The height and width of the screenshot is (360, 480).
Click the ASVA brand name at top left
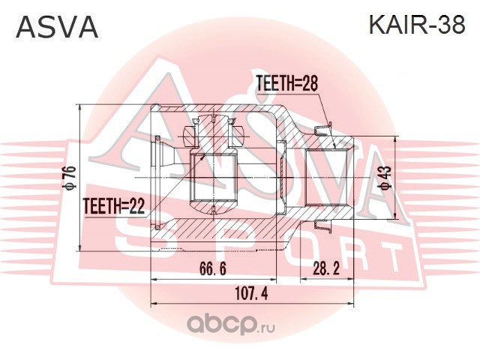point(57,27)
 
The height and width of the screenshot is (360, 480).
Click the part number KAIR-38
point(417,25)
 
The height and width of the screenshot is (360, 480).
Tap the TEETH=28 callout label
point(286,83)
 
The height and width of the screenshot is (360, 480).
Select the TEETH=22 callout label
point(114,206)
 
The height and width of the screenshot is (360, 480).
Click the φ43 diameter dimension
point(386,177)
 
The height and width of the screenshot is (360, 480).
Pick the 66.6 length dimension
point(213,268)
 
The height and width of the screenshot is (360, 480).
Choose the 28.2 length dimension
point(326,268)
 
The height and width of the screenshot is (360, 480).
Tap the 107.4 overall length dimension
point(251,294)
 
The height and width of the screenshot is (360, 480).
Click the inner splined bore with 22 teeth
point(213,177)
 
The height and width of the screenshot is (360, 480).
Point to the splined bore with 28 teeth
point(326,177)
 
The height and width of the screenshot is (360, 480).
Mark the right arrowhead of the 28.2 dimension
point(352,279)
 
